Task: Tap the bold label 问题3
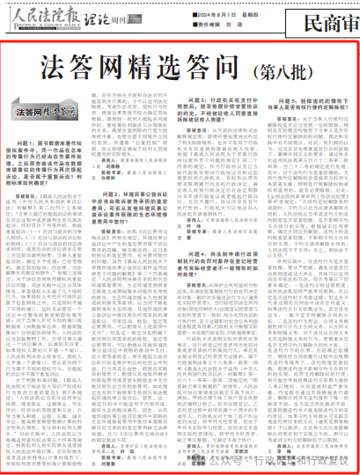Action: (207, 104)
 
